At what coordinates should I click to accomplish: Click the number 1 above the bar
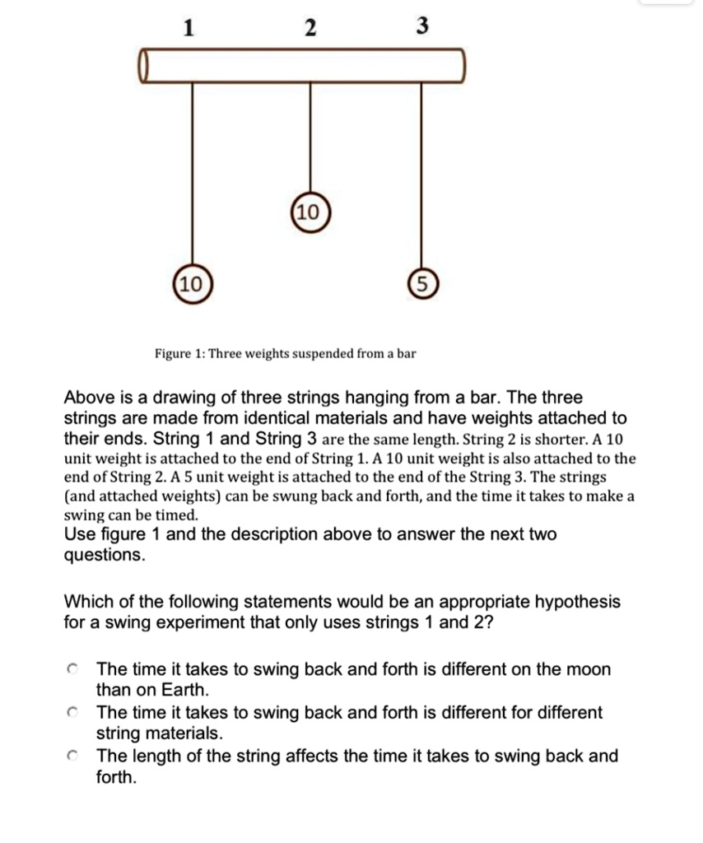[189, 28]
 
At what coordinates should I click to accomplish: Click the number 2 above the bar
[309, 28]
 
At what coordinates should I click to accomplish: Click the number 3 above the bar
[421, 27]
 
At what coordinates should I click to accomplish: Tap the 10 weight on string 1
[191, 286]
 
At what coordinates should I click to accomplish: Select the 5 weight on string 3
[421, 286]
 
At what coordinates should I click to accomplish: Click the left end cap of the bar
[144, 66]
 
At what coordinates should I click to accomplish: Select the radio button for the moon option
[73, 670]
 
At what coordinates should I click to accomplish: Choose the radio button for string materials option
[73, 713]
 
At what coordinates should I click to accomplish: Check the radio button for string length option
[73, 756]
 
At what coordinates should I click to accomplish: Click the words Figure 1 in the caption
[179, 354]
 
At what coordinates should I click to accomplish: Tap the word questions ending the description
[104, 555]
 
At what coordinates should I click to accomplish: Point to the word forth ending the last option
[115, 776]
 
